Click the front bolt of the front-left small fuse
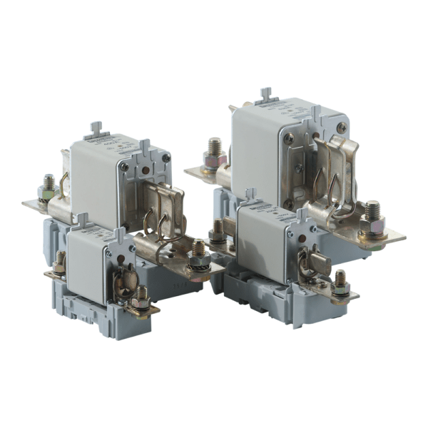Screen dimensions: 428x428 click(x=141, y=297)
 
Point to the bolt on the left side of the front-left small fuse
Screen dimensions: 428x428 click(x=60, y=262)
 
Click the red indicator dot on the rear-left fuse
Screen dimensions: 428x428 click(x=146, y=170)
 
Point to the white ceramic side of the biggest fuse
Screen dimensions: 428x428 click(x=253, y=153)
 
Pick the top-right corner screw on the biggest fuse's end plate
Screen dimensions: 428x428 click(x=342, y=128)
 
